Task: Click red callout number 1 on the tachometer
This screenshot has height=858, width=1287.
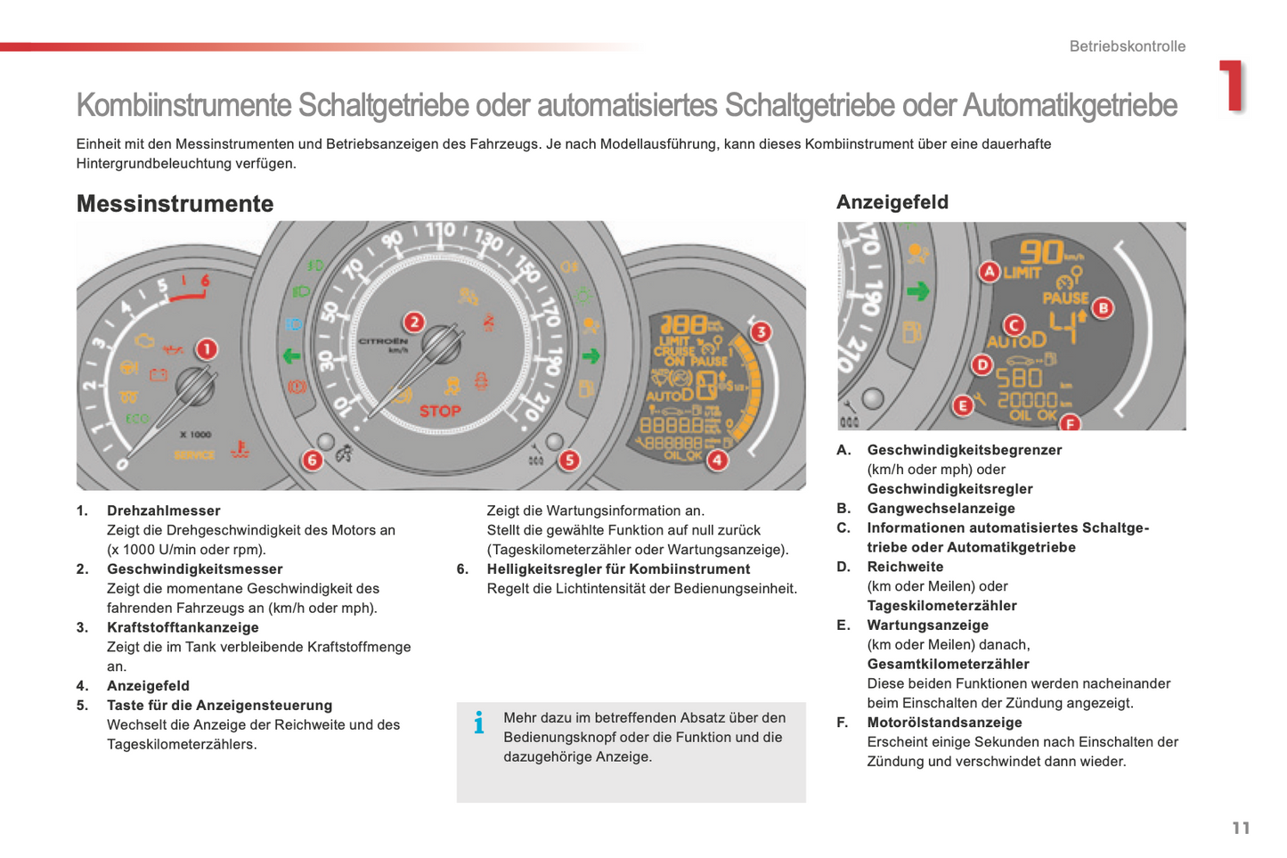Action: [x=206, y=348]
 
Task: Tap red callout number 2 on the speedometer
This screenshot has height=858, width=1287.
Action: [x=413, y=323]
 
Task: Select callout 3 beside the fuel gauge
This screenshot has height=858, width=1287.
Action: [x=760, y=332]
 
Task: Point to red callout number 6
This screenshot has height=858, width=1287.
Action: [x=312, y=460]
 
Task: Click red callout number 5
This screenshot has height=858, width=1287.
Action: [x=569, y=460]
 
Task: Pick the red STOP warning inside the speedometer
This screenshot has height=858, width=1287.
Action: [x=440, y=411]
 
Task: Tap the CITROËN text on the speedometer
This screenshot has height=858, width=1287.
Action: [x=383, y=341]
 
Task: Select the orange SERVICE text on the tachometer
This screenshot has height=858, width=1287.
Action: [x=194, y=454]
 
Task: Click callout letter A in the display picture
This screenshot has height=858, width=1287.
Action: [x=989, y=272]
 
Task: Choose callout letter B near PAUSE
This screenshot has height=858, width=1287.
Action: [x=1103, y=308]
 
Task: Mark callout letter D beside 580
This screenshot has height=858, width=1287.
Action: [x=982, y=364]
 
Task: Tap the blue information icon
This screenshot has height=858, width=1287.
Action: [x=479, y=722]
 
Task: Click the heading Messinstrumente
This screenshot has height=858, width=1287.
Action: [x=175, y=203]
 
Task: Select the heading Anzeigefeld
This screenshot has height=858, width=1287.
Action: [x=892, y=202]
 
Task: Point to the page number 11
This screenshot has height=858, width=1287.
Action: [x=1241, y=828]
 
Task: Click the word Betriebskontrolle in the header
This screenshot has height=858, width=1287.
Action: [x=1127, y=46]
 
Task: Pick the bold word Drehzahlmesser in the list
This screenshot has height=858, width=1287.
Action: [x=163, y=511]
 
